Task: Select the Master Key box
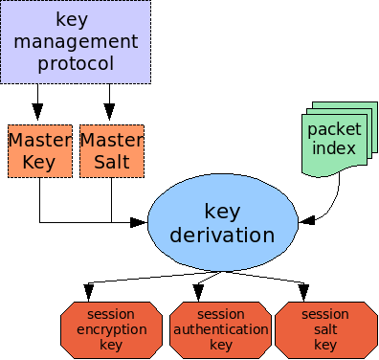click(39, 150)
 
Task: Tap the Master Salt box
click(111, 150)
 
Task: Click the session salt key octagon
click(325, 329)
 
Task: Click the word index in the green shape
click(332, 148)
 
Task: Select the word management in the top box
click(75, 41)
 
